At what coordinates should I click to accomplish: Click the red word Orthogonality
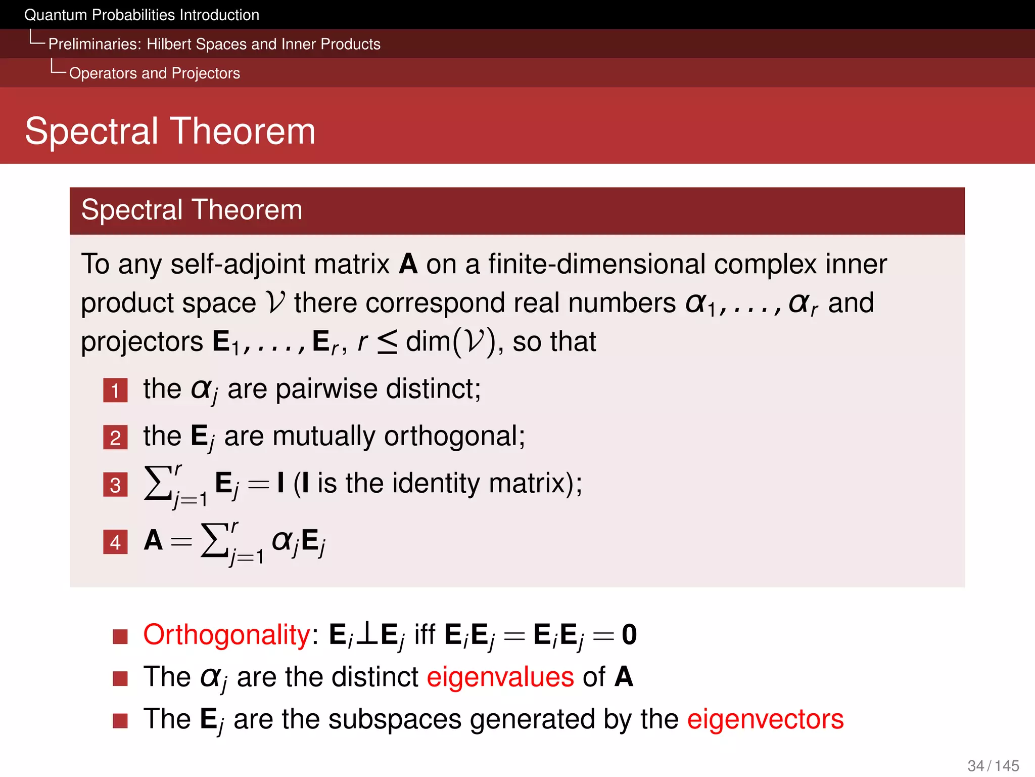[x=226, y=634]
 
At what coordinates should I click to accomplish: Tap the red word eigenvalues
[x=500, y=677]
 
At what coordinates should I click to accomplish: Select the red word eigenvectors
[x=765, y=719]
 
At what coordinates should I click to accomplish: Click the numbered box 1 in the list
[x=115, y=391]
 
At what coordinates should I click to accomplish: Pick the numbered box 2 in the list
[x=115, y=438]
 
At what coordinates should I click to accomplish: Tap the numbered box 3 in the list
[x=115, y=485]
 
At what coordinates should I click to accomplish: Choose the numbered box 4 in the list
[x=115, y=542]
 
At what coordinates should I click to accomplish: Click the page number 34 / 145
[x=993, y=765]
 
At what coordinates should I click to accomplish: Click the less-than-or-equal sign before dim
[x=387, y=342]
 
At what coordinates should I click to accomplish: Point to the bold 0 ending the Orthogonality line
[x=629, y=634]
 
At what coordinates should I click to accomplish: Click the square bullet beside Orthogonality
[x=120, y=636]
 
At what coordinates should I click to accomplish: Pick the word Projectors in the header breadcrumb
[x=206, y=73]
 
